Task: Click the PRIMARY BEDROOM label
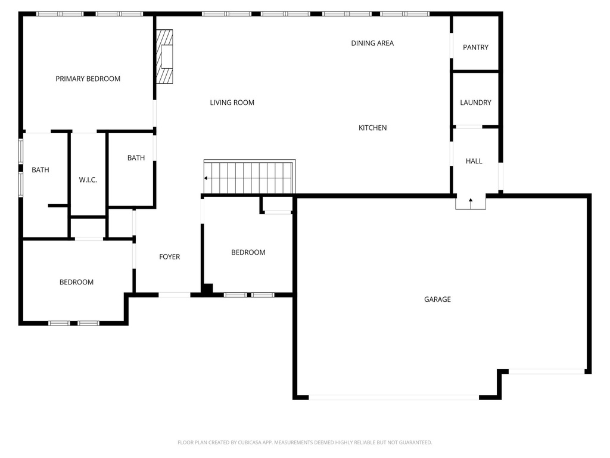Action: (x=88, y=79)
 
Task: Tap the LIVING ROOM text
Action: (x=232, y=103)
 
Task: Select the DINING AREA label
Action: (x=372, y=43)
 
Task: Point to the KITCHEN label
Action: (x=373, y=128)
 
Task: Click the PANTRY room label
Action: (x=475, y=47)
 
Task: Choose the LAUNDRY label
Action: (x=475, y=103)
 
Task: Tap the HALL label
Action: (x=474, y=161)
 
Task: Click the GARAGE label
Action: (x=437, y=299)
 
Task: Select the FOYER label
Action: (x=170, y=256)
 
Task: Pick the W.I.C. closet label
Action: (x=88, y=180)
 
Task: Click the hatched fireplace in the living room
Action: (x=164, y=57)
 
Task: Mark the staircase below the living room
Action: (x=250, y=177)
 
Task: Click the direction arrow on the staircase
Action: (x=209, y=178)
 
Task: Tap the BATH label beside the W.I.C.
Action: (x=41, y=170)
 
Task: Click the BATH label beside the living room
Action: (x=136, y=157)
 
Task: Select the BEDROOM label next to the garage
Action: (x=248, y=252)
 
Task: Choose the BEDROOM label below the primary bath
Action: (x=76, y=282)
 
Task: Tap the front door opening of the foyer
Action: (x=175, y=295)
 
